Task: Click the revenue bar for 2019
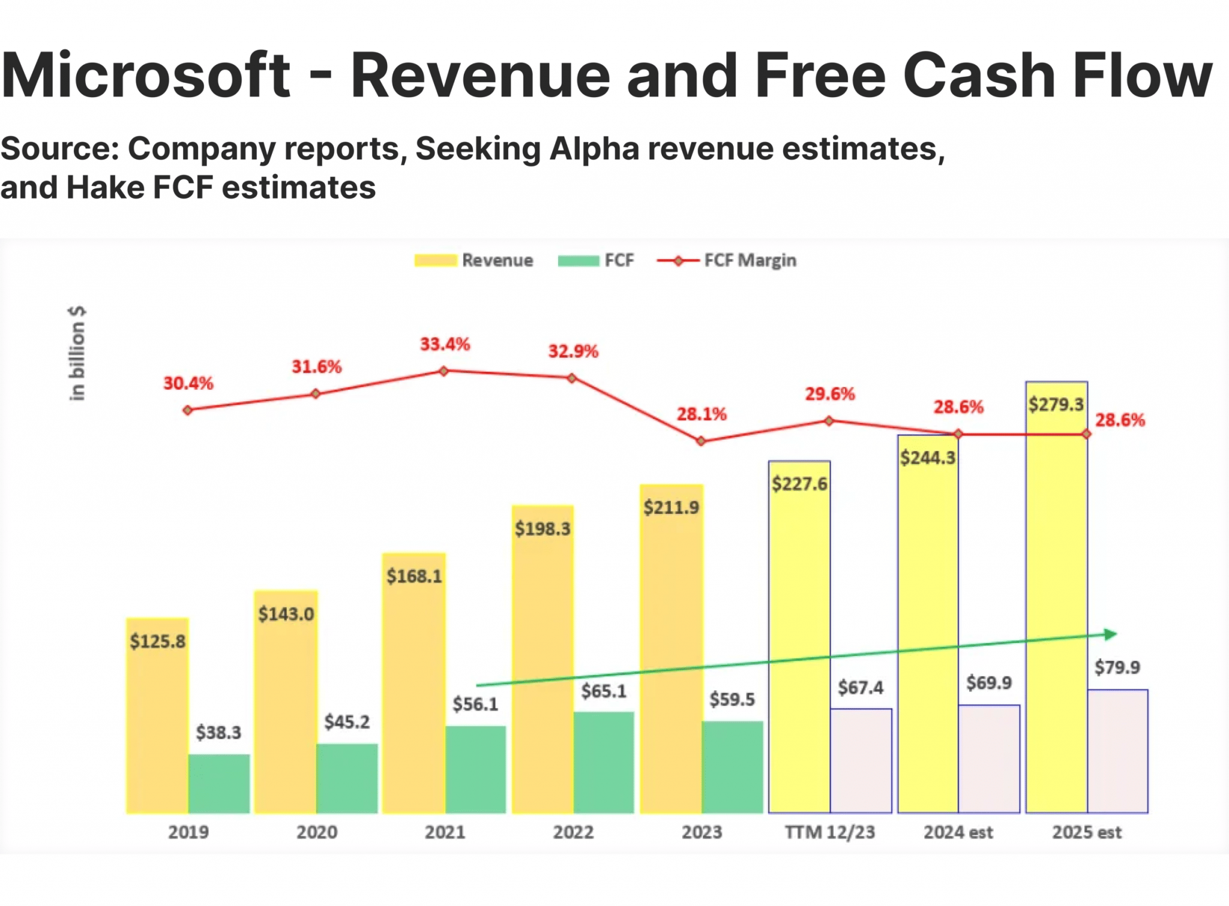157,720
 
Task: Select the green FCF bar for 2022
604,762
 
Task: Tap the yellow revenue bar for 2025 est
1056,600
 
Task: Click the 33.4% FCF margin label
445,344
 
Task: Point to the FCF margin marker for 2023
701,441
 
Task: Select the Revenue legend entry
474,260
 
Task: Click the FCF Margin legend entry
727,260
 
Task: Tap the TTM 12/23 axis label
830,832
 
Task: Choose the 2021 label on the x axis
445,832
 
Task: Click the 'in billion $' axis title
77,353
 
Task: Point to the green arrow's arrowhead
1110,634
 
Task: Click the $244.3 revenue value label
928,458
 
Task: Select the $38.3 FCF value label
218,732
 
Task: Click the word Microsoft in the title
146,76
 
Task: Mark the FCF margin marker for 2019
188,410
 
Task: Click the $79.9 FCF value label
1117,667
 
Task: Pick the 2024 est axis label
958,832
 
